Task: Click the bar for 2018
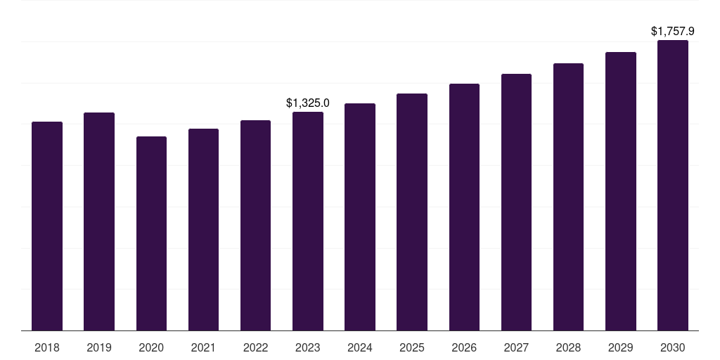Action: coord(47,226)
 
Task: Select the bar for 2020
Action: coord(151,233)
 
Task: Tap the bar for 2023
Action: coord(308,221)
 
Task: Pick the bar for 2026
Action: coord(464,207)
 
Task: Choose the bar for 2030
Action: coord(673,185)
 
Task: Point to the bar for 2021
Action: coord(203,229)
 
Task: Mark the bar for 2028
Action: coord(568,197)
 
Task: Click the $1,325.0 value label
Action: coord(308,103)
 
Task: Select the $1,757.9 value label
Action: coord(673,32)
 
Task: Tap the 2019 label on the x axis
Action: coord(99,347)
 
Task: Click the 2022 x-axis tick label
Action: coord(255,347)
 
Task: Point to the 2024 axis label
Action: coord(360,347)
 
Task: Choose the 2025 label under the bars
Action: coord(412,347)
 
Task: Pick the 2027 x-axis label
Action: coord(516,347)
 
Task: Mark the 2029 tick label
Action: coord(621,347)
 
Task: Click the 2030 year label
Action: coord(673,347)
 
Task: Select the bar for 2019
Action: coord(99,221)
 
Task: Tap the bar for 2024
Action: coord(360,217)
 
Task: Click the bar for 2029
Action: coord(621,191)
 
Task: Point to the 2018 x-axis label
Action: coord(47,347)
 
